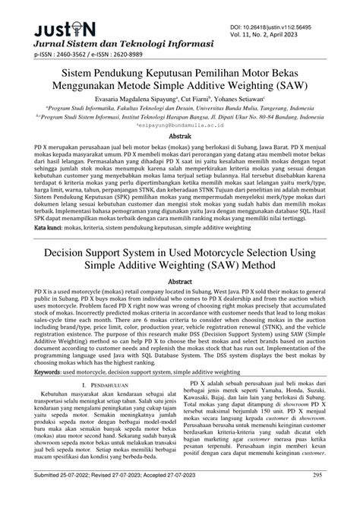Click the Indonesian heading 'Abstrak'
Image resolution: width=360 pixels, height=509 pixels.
click(x=179, y=141)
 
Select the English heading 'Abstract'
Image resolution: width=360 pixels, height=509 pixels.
click(x=179, y=280)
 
